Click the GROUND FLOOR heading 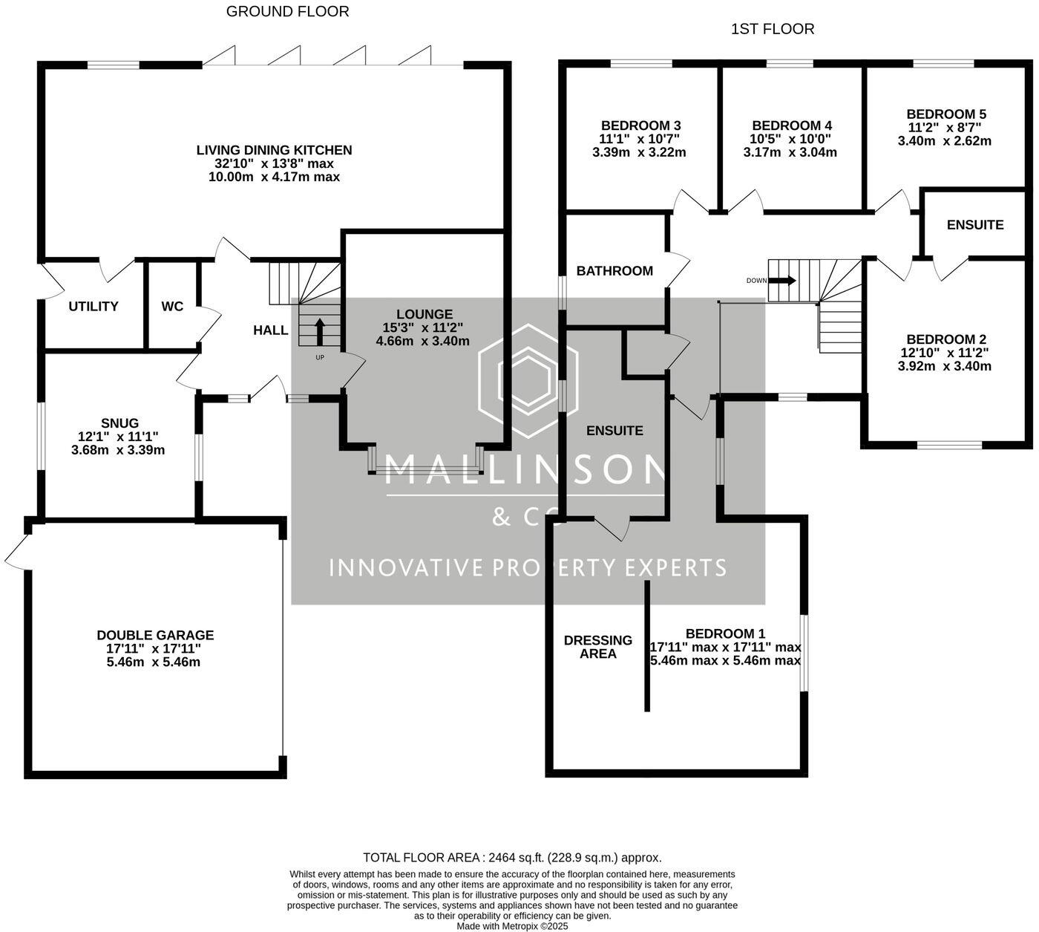287,12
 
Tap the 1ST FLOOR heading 772,29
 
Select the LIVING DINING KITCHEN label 274,150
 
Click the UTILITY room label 94,307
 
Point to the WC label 172,307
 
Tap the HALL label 270,330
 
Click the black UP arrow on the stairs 320,332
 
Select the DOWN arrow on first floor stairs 782,281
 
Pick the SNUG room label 119,423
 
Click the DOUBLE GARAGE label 155,635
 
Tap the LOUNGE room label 424,314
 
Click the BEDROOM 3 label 640,126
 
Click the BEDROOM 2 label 945,339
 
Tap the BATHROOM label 614,271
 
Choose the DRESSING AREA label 598,647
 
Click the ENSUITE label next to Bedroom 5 974,225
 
